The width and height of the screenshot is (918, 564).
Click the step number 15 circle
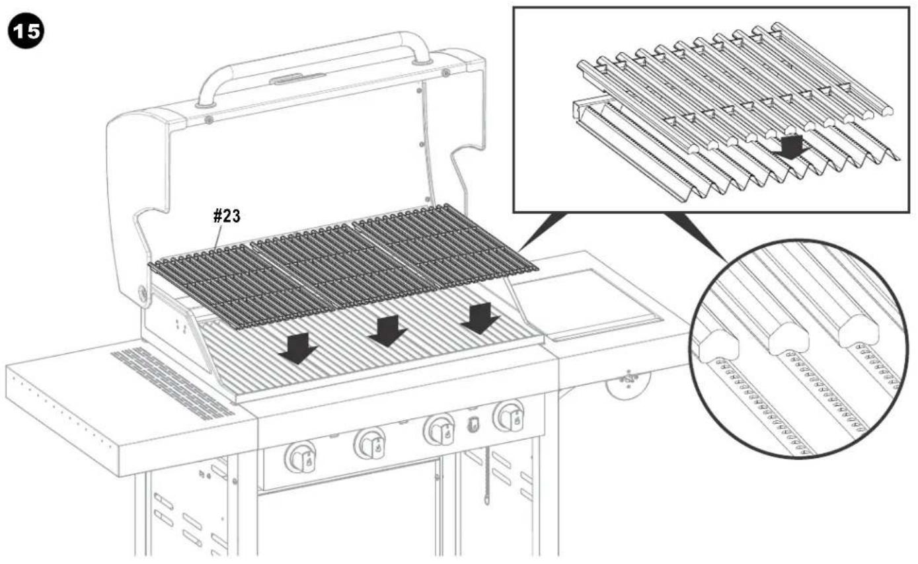coord(26,31)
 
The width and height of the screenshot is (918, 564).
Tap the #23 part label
coord(227,216)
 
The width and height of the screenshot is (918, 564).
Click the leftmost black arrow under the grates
coord(298,348)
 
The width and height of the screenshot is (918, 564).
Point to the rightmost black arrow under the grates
coord(480,318)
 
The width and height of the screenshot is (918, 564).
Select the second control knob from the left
coord(371,444)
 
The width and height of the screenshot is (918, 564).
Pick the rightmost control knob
coord(510,417)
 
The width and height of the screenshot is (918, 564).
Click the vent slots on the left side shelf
coord(172,383)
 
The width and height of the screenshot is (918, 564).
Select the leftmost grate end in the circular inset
coord(718,346)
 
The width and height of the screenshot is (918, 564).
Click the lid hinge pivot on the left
coord(143,293)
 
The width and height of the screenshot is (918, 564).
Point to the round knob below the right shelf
coord(628,382)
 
